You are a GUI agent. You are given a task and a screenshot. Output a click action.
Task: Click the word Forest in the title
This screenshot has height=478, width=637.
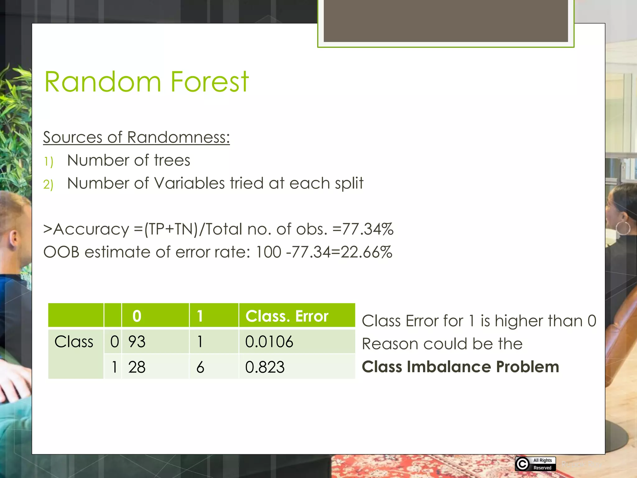point(210,82)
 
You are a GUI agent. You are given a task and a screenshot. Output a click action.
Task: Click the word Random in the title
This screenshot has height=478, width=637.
point(103,82)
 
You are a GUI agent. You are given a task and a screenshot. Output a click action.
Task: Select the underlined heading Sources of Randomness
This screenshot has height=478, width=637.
point(136,137)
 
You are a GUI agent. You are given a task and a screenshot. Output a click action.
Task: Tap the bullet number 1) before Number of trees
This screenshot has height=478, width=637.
point(49,162)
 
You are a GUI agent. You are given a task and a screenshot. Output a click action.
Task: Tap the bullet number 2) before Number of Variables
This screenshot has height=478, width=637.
point(49,185)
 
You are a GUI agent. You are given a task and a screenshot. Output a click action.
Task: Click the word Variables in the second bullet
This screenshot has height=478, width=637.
point(189,183)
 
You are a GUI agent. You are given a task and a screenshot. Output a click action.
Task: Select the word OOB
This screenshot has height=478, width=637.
point(61,252)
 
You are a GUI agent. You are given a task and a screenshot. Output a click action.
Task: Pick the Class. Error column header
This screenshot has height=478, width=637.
point(287,316)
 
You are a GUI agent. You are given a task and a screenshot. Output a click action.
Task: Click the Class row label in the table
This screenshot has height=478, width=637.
point(74,342)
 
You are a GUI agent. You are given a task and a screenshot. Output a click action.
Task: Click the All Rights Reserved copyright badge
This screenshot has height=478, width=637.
point(535,464)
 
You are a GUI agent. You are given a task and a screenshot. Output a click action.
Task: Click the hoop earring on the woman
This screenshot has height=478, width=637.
point(623,228)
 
